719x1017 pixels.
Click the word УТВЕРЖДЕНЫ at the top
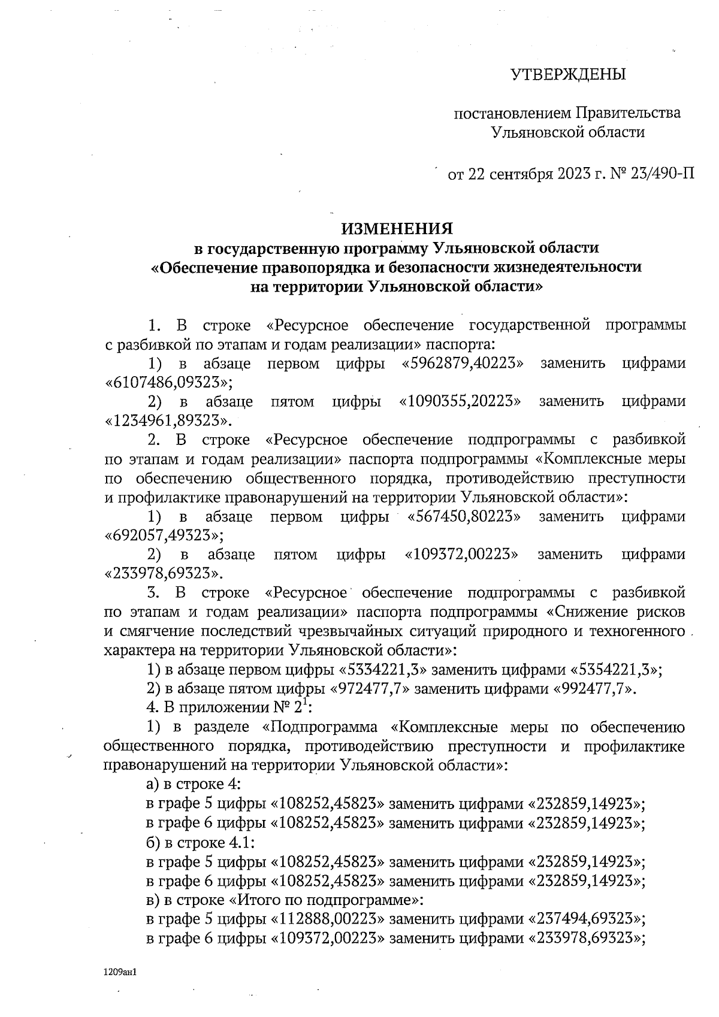567,75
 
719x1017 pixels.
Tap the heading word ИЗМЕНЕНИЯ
397,229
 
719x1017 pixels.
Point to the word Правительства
629,113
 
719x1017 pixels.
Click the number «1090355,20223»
458,402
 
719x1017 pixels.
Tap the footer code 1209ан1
120,971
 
